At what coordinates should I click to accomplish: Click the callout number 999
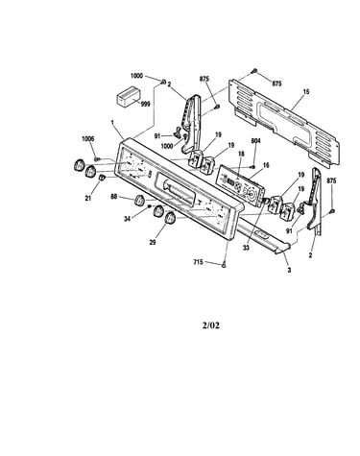point(145,105)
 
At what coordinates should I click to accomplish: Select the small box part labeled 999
point(128,96)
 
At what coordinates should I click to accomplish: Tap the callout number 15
point(306,92)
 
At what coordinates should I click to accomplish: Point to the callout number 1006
point(88,139)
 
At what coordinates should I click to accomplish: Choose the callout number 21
point(88,199)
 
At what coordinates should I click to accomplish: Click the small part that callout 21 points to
point(102,178)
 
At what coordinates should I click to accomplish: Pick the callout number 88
point(114,196)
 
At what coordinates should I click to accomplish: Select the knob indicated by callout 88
point(140,201)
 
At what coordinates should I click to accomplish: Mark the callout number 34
point(128,220)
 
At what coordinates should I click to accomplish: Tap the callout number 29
point(153,242)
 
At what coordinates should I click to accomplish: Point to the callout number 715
point(198,262)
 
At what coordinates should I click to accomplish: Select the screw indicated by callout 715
point(224,265)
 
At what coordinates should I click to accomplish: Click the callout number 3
point(289,270)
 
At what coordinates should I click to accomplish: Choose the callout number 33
point(246,248)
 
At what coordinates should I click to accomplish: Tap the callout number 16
point(266,165)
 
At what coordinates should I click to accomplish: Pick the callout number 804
point(256,140)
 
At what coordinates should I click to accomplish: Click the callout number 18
point(241,154)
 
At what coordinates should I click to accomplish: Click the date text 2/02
point(211,325)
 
